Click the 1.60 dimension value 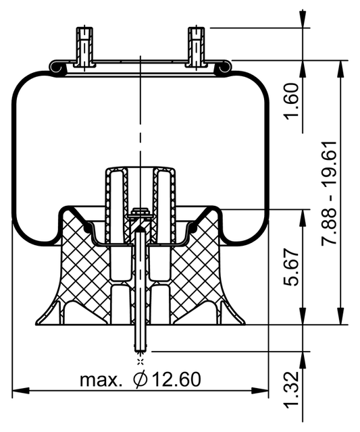click(x=292, y=102)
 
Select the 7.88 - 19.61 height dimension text click(x=330, y=192)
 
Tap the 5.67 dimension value click(x=292, y=267)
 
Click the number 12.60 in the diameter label click(x=177, y=379)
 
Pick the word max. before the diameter click(x=101, y=380)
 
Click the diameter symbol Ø click(x=140, y=379)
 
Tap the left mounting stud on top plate click(x=84, y=47)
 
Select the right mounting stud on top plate click(x=197, y=47)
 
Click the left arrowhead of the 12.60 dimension click(x=21, y=390)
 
